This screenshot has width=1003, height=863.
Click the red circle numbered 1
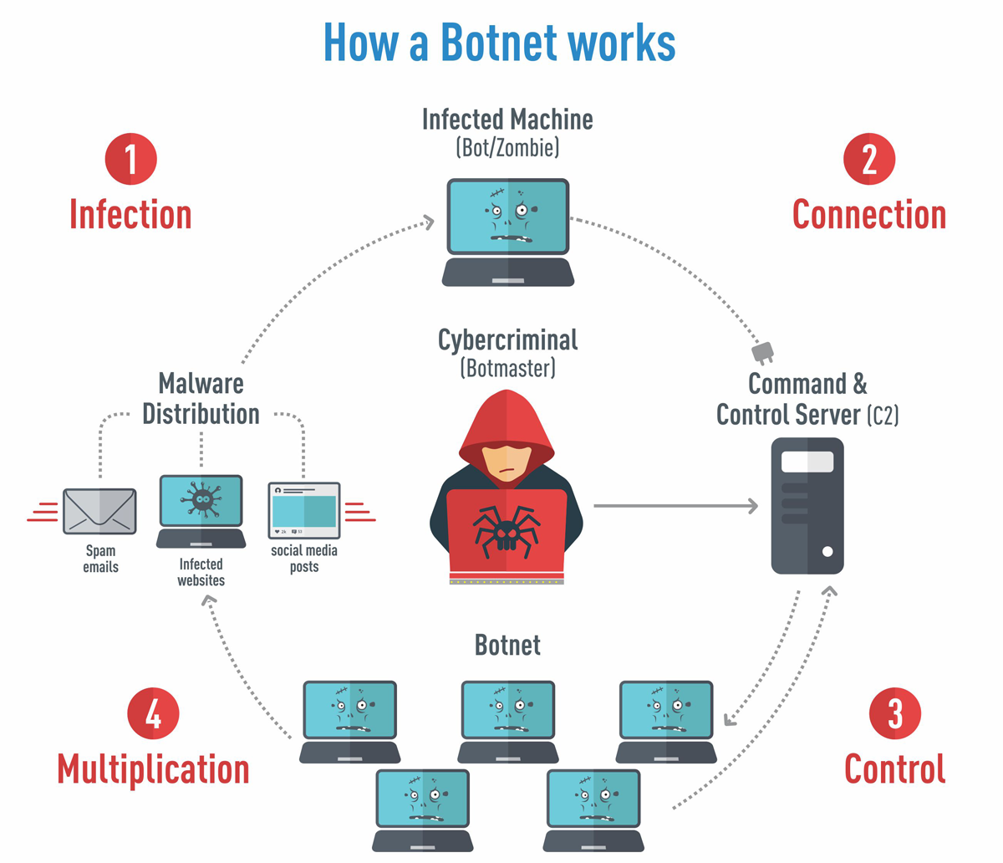(131, 159)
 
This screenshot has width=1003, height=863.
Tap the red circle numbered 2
(869, 159)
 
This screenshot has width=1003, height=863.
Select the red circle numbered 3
(895, 713)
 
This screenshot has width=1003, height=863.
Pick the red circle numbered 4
(154, 714)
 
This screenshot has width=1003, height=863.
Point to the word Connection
(869, 215)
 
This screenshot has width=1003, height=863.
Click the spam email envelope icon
(99, 511)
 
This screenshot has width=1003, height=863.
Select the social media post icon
(304, 510)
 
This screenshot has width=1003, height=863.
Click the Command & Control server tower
(807, 506)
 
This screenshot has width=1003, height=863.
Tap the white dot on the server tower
(827, 551)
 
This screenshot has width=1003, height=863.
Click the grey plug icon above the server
(763, 352)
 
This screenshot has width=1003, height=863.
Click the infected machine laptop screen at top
(507, 216)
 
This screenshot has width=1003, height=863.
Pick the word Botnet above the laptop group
(507, 645)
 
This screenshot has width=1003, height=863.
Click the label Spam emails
(100, 559)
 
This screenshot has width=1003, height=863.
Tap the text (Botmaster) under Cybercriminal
(507, 367)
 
